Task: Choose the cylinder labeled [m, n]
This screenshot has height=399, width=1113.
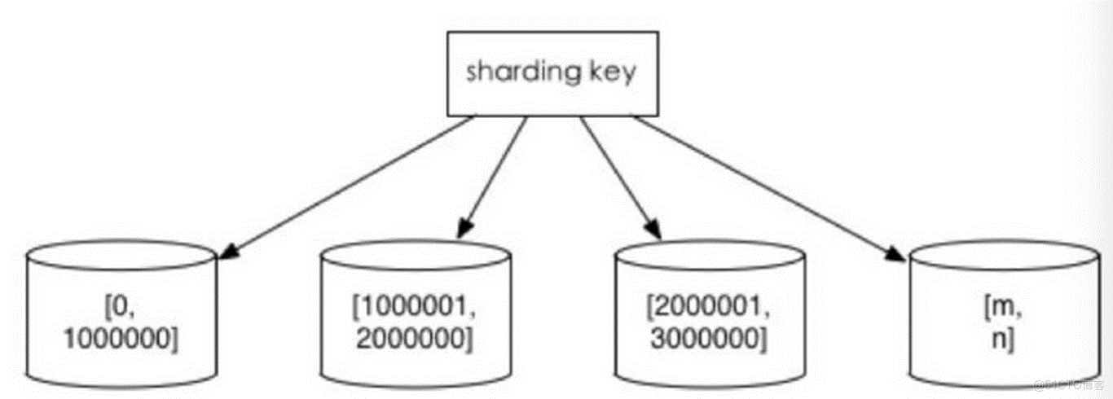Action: (1004, 314)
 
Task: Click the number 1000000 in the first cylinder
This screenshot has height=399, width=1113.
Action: (121, 340)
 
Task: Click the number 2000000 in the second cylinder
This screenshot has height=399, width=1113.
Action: (415, 340)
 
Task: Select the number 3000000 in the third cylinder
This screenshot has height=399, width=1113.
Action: (709, 340)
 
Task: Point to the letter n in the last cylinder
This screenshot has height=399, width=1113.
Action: (1000, 340)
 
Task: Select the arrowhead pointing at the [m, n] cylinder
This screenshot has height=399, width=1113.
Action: (895, 255)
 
